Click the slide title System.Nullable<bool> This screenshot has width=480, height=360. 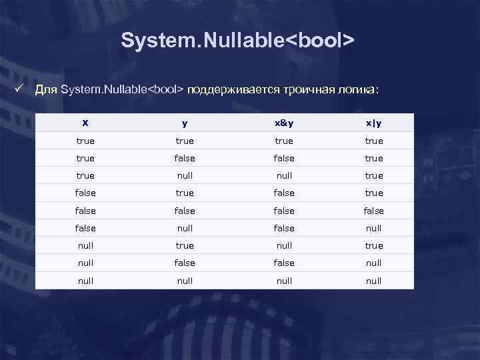coord(237,41)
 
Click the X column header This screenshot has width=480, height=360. coord(85,123)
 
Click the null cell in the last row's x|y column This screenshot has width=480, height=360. coord(374,281)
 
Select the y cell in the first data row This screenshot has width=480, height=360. coord(185,141)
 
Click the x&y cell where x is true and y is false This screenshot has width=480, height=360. coord(284,158)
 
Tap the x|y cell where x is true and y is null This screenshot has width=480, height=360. coord(374,175)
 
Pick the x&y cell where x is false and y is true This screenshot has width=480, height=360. coord(284,193)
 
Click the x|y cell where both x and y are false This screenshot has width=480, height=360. coord(374,210)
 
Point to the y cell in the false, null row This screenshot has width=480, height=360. coord(185,227)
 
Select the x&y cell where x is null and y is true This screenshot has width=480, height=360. coord(284,245)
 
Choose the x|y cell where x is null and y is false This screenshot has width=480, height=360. coord(374,263)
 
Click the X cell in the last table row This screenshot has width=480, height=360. coord(85,281)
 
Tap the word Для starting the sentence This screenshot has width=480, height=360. coord(46,89)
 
